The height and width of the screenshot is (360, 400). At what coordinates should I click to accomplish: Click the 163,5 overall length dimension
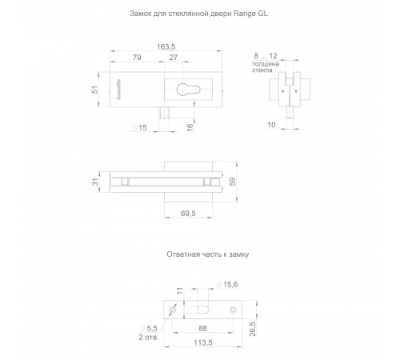(166, 46)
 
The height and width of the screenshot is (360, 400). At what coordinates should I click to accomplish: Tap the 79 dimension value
(137, 58)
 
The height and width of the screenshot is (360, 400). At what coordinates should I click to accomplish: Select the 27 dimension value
(174, 58)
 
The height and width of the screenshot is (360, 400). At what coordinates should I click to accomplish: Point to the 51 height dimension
(94, 90)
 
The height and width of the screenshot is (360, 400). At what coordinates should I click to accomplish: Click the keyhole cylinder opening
(188, 90)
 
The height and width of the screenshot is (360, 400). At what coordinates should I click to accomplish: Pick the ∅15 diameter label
(139, 128)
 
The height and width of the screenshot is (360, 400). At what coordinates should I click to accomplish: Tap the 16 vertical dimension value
(190, 127)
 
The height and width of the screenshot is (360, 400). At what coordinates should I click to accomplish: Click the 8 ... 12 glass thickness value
(266, 56)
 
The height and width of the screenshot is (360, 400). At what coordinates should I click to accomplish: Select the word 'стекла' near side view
(262, 70)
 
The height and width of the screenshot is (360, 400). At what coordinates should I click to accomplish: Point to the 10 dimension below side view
(271, 125)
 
